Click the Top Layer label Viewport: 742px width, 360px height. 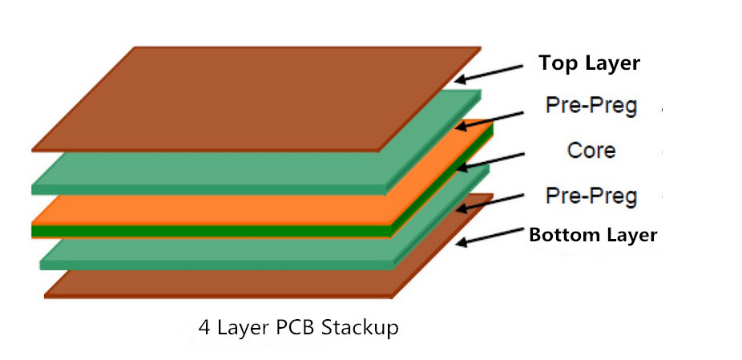pyautogui.click(x=590, y=63)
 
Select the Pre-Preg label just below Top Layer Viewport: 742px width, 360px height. pyautogui.click(x=591, y=106)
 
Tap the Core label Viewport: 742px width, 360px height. pyautogui.click(x=591, y=151)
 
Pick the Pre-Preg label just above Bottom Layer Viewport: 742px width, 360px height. pyautogui.click(x=591, y=196)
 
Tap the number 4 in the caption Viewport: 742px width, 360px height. pyautogui.click(x=204, y=328)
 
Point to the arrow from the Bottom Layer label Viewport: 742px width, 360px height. pyautogui.click(x=490, y=236)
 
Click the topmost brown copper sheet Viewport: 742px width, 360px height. pyautogui.click(x=256, y=99)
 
